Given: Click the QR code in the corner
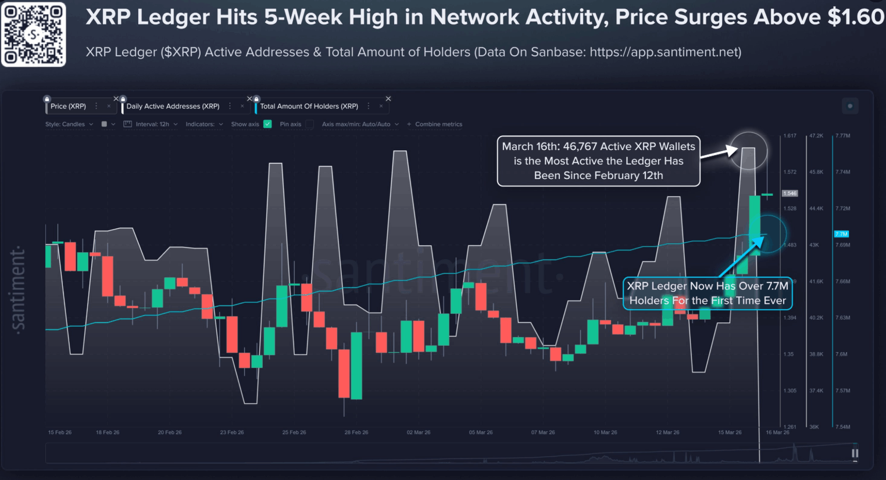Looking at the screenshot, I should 33,34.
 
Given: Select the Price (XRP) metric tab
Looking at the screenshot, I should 68,106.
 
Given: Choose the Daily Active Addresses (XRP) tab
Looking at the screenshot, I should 173,106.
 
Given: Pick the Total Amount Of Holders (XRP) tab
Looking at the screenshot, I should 309,106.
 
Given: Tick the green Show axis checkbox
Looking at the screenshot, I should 267,124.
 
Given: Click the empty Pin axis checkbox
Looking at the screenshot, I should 309,124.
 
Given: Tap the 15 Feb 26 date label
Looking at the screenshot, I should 60,432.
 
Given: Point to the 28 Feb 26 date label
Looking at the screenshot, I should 356,432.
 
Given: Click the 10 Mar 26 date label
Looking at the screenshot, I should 605,432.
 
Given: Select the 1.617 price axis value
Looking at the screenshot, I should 790,136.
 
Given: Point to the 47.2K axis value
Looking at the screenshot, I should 816,136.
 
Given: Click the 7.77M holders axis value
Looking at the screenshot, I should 842,136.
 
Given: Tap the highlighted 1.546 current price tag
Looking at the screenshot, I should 790,194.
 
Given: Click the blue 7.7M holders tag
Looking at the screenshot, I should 841,234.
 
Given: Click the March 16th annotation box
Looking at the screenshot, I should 598,161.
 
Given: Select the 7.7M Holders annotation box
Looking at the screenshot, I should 708,293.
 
